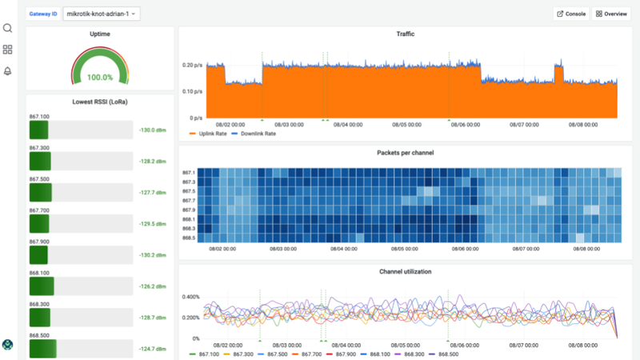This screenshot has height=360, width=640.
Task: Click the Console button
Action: (x=570, y=14)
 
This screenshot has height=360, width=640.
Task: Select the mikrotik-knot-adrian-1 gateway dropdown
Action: (x=101, y=14)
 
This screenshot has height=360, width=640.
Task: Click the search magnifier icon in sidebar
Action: (x=8, y=29)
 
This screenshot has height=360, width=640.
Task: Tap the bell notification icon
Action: (x=8, y=71)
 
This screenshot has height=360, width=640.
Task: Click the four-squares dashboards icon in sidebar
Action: (x=8, y=50)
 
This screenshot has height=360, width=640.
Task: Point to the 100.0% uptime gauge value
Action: (x=100, y=78)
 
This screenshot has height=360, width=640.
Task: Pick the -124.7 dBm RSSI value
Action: (x=151, y=349)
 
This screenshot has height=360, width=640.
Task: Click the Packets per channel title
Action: (x=405, y=152)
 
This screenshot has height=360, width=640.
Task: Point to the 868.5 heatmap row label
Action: (x=189, y=238)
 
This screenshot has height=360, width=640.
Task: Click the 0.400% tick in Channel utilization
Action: (x=190, y=297)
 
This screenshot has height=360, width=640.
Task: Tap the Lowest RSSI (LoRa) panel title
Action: (x=100, y=102)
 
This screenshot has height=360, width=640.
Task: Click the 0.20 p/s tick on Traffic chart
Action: (x=193, y=65)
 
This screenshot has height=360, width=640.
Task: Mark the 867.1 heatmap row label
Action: (x=189, y=173)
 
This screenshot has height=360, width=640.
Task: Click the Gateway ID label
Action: (x=43, y=14)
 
